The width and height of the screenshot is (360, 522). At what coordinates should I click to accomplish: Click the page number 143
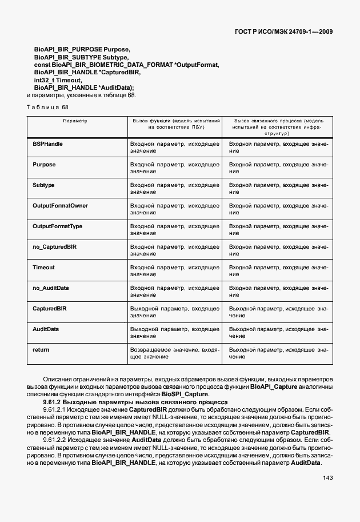click(328, 478)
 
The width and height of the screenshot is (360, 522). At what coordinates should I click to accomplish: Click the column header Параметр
click(75, 122)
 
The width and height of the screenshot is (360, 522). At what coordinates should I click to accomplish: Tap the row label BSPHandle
click(47, 144)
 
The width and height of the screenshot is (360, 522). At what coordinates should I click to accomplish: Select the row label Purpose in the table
click(44, 165)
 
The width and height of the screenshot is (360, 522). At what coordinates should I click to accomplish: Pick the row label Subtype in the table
click(43, 185)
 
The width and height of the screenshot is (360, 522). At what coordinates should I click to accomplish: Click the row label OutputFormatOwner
click(60, 206)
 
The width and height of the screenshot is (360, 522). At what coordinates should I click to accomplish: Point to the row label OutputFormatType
click(57, 226)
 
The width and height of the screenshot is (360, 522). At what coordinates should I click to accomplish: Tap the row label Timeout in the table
click(43, 268)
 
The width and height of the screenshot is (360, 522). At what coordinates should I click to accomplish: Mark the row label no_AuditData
click(51, 288)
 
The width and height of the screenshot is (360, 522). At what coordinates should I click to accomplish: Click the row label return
click(41, 349)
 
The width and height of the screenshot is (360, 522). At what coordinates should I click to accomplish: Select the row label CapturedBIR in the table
click(50, 309)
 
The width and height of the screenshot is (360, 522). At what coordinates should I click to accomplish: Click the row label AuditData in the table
click(46, 329)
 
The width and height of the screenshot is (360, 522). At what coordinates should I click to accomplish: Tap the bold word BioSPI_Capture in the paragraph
click(185, 395)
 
